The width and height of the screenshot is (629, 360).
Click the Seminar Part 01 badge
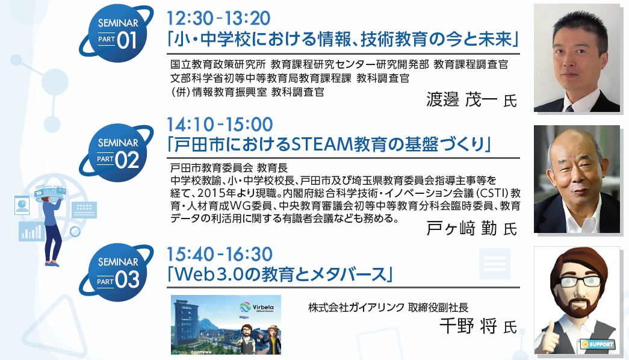[116, 34]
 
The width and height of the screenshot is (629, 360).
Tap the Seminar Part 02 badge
[116, 153]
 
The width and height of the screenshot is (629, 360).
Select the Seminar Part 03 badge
[116, 273]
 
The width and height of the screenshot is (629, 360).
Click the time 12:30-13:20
[218, 18]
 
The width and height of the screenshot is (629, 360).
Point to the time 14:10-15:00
[220, 124]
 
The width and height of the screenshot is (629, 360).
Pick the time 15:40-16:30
[220, 254]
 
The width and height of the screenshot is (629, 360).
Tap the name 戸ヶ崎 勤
[461, 228]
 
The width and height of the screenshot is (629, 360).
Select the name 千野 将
[468, 326]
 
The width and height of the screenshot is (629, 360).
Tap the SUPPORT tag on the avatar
[598, 344]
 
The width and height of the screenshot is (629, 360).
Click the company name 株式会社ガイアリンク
[356, 308]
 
